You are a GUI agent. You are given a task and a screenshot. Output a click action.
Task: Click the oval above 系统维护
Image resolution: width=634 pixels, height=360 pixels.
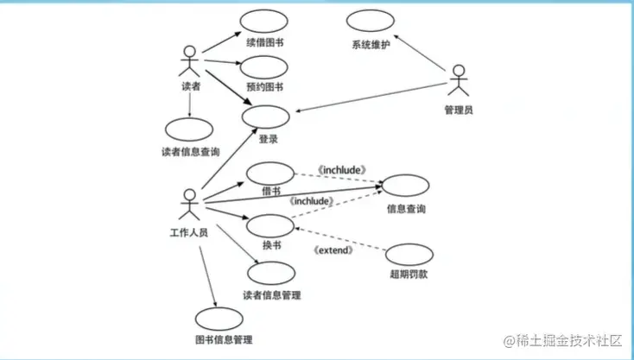(x=371, y=22)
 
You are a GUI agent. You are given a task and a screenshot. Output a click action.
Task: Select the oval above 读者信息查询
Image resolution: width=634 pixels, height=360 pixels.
(x=189, y=130)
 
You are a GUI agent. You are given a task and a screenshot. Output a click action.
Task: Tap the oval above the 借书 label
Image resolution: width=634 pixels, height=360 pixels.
(x=269, y=172)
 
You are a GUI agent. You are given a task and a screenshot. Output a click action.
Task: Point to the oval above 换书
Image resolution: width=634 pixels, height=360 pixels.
(x=270, y=225)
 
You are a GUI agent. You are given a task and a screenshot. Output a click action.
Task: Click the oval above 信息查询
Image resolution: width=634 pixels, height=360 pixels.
(x=405, y=185)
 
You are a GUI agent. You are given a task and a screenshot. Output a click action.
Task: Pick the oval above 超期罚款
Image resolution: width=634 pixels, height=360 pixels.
(x=408, y=255)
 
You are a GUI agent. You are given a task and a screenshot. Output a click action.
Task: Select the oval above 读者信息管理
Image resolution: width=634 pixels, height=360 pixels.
(x=270, y=274)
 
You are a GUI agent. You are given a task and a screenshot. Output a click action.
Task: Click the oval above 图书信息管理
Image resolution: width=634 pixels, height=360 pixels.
(x=220, y=319)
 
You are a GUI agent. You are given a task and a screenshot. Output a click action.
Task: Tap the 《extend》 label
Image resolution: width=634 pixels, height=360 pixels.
(x=332, y=250)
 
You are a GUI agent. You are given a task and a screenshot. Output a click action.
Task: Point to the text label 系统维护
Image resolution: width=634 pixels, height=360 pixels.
(x=371, y=44)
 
